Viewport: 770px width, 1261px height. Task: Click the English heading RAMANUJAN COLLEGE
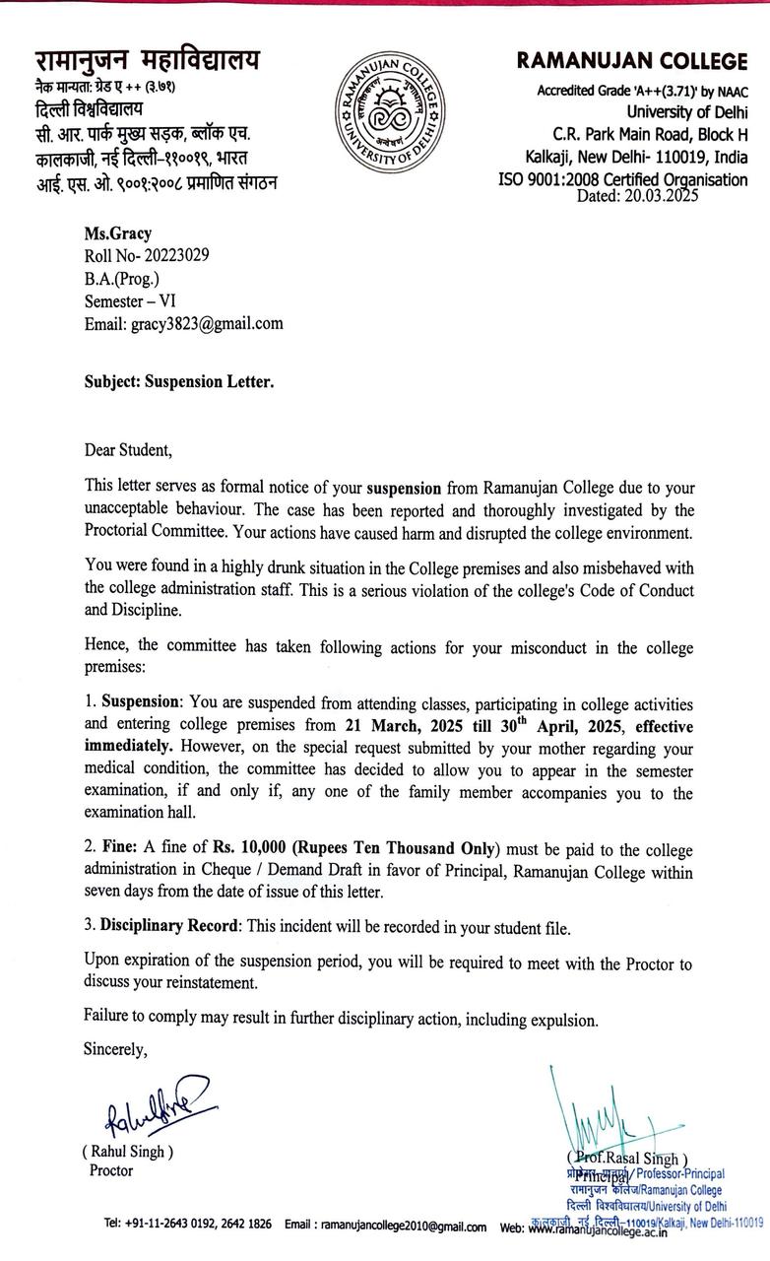(632, 62)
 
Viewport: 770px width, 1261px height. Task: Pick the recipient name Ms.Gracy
(118, 233)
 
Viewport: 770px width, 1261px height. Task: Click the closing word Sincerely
(115, 1049)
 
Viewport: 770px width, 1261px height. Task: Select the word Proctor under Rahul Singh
(111, 1171)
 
